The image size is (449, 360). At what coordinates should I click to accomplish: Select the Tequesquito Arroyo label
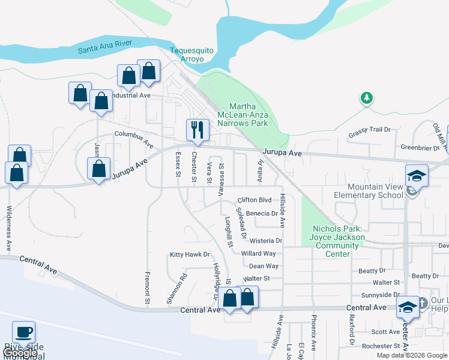pos(187,55)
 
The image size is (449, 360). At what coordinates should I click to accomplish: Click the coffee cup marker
pos(24,332)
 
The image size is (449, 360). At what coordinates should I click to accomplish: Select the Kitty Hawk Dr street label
pos(189,255)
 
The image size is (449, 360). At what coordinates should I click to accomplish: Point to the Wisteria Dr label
pos(261,241)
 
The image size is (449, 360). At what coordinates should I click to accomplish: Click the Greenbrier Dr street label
pos(420,146)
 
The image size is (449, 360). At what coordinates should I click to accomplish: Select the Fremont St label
pos(147,286)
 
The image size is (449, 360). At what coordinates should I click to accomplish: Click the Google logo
pos(19,353)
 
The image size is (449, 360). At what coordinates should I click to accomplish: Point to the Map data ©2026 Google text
pos(411,355)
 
